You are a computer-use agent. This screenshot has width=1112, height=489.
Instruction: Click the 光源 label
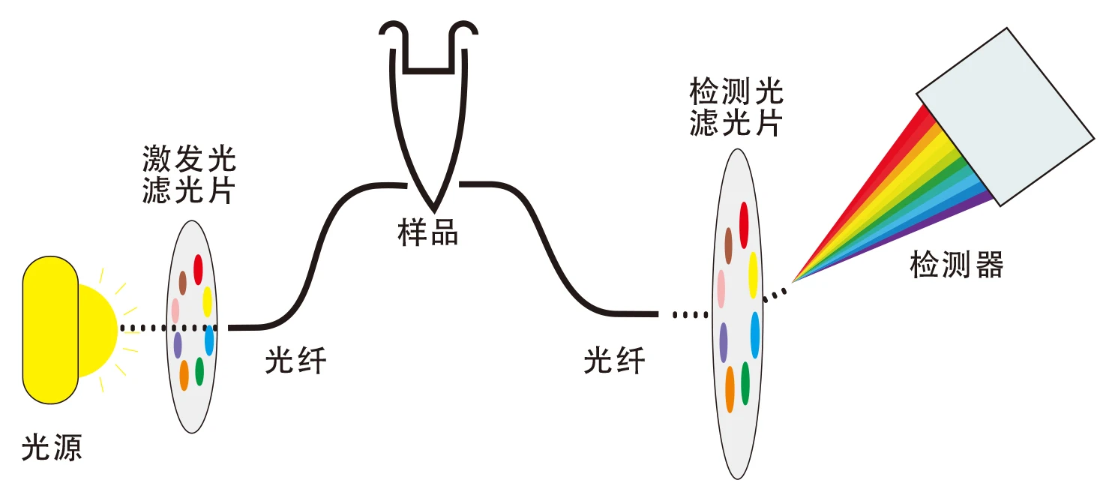click(52, 448)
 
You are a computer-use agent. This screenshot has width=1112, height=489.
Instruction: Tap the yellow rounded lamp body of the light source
click(49, 329)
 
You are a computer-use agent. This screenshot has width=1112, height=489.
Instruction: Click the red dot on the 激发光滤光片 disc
click(199, 269)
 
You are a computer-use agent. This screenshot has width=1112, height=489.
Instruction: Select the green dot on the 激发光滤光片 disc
click(199, 371)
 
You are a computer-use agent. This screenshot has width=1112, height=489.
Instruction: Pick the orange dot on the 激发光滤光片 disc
click(184, 375)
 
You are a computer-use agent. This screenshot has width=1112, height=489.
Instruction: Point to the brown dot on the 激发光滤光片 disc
click(182, 283)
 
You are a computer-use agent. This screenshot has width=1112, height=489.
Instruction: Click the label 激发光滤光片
click(189, 175)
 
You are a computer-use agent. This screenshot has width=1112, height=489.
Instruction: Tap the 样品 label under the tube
click(427, 233)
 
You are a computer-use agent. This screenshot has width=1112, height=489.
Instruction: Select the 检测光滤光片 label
click(736, 108)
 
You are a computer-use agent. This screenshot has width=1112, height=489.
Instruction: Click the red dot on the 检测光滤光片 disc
click(745, 225)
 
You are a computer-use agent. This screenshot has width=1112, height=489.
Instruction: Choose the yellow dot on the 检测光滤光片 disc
click(753, 274)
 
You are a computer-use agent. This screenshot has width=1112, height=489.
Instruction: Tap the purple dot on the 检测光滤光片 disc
click(724, 342)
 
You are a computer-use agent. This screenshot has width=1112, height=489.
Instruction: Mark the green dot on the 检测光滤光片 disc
click(745, 383)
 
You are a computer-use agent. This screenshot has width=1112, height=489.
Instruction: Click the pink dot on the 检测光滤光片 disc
click(721, 289)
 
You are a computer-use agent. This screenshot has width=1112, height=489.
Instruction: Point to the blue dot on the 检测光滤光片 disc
click(754, 334)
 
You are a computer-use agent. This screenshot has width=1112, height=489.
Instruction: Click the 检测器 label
click(956, 265)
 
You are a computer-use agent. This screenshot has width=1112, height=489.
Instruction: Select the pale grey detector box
click(1006, 116)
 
